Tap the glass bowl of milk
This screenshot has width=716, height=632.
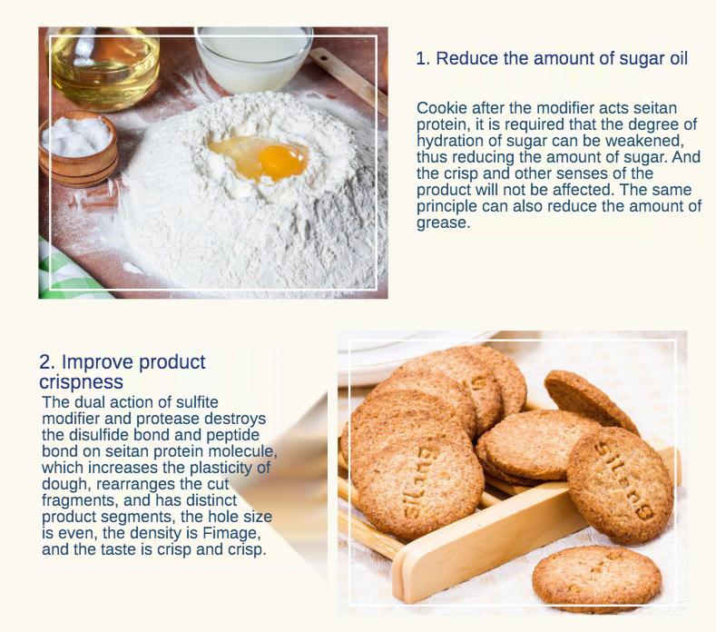pos(254,57)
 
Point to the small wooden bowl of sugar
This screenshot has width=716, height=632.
pos(79,147)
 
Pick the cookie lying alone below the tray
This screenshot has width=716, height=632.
pos(597,578)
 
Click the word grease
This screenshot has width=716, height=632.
pos(443,223)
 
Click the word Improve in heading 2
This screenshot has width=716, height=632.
pos(97,362)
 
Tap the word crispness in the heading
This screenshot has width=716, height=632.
pos(82,382)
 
